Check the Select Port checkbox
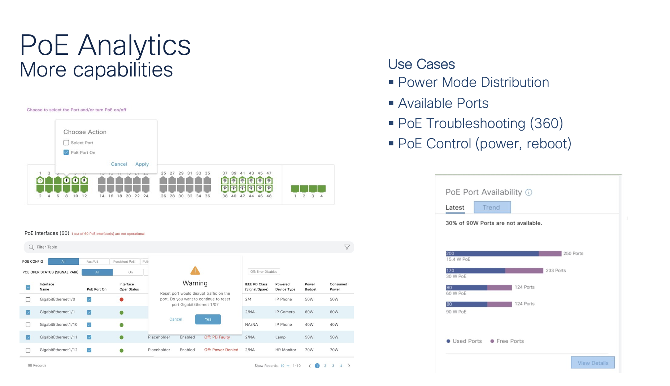pyautogui.click(x=66, y=142)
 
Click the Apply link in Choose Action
pyautogui.click(x=142, y=164)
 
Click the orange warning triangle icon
pyautogui.click(x=195, y=271)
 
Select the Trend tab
pyautogui.click(x=492, y=207)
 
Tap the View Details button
pyautogui.click(x=592, y=363)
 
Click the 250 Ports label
pyautogui.click(x=573, y=254)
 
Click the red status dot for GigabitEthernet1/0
pyautogui.click(x=122, y=299)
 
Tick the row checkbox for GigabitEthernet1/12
pyautogui.click(x=28, y=350)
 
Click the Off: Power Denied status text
pyautogui.click(x=221, y=350)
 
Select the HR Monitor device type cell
pyautogui.click(x=286, y=350)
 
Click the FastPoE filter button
pyautogui.click(x=92, y=262)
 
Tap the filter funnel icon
pyautogui.click(x=347, y=247)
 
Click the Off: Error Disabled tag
pyautogui.click(x=264, y=272)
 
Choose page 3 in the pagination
pyautogui.click(x=333, y=366)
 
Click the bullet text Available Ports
pyautogui.click(x=443, y=103)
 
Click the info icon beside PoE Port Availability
pyautogui.click(x=528, y=192)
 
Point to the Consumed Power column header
pyautogui.click(x=338, y=287)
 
